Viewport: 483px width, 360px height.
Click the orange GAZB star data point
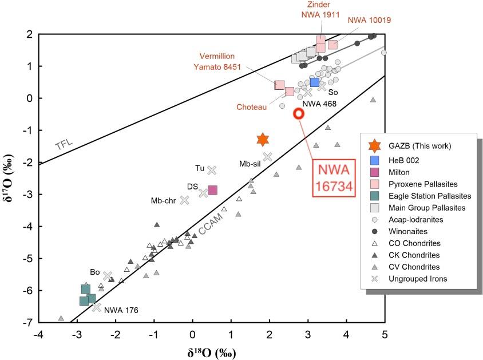[263, 139]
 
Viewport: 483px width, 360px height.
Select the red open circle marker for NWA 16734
[299, 113]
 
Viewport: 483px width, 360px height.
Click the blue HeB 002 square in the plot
[315, 82]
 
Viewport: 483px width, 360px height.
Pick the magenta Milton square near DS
[212, 190]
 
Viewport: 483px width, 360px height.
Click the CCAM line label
[211, 228]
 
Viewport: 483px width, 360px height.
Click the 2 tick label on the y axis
[27, 34]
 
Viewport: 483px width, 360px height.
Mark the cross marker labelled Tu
[212, 170]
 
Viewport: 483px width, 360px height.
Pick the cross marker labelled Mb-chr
[185, 200]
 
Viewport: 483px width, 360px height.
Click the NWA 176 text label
[121, 311]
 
